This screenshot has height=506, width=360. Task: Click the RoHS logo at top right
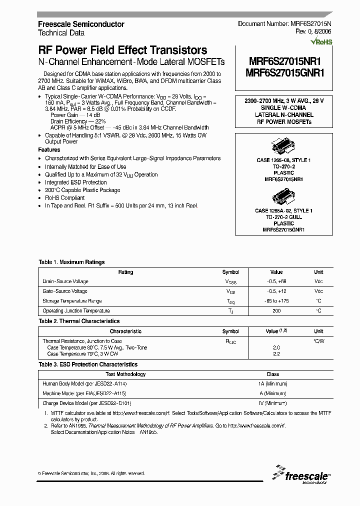(x=320, y=42)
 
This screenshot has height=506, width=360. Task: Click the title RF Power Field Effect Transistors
(x=122, y=50)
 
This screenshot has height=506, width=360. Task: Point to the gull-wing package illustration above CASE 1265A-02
(x=283, y=197)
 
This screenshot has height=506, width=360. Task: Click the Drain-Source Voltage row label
(x=65, y=282)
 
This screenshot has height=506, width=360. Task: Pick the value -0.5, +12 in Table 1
(x=276, y=291)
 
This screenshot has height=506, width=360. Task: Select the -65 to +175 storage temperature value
(x=276, y=301)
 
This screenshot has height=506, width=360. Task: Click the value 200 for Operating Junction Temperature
(x=276, y=310)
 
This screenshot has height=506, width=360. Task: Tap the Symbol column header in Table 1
(x=230, y=272)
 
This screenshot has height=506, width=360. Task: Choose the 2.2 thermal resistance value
(x=276, y=353)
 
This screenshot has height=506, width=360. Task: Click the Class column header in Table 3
(x=273, y=374)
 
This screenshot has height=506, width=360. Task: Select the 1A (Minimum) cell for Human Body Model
(x=273, y=383)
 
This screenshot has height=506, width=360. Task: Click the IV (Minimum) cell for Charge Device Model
(x=273, y=403)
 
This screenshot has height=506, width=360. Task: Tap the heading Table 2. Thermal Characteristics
(x=79, y=321)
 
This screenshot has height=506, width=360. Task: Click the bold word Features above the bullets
(x=49, y=150)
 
